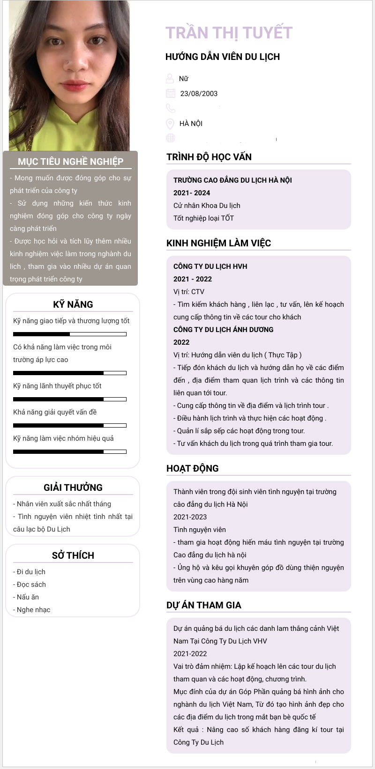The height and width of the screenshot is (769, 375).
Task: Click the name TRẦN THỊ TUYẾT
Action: pos(229,33)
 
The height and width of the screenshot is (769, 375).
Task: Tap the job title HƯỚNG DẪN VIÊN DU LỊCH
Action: pos(223,57)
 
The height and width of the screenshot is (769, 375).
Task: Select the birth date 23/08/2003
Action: pos(199,94)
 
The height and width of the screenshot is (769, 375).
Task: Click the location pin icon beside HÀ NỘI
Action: pos(170,124)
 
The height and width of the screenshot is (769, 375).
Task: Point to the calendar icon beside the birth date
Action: pos(170,94)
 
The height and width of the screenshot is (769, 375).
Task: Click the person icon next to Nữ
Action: pos(170,78)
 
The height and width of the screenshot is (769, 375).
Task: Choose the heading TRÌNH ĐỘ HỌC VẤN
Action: pos(209,157)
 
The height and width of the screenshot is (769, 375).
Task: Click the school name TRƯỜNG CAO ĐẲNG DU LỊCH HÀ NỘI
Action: pos(232,180)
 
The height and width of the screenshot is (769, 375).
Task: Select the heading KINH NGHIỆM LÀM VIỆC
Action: pos(218,243)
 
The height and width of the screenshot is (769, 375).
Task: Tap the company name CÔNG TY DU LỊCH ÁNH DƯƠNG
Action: pos(223,330)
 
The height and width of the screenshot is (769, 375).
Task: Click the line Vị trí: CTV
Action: pos(189,292)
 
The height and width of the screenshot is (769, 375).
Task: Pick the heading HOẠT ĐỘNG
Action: pos(192,468)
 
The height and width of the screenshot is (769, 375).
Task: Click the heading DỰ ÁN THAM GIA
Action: pos(204,605)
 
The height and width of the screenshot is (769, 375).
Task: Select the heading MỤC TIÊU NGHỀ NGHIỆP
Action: pos(70,162)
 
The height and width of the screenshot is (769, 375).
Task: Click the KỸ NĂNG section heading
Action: pos(73,304)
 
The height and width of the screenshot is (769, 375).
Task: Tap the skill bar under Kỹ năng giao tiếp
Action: pos(70,334)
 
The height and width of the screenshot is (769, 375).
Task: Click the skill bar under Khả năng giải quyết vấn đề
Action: pos(70,425)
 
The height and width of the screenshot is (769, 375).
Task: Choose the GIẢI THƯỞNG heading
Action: pos(73,488)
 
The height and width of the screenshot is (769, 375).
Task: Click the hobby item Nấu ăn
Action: pos(28,597)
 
